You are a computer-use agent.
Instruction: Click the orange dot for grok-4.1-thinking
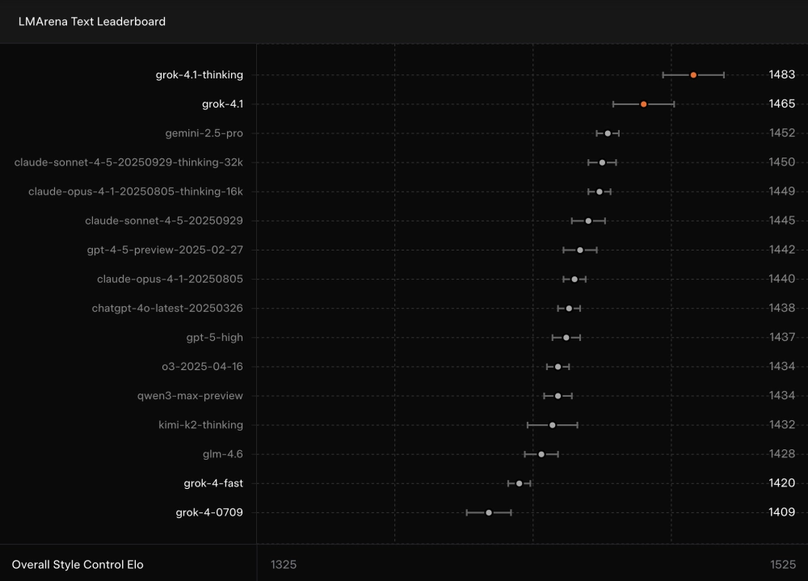tap(693, 75)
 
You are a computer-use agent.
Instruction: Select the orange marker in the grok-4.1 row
tap(644, 104)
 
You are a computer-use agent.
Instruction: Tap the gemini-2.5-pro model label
tap(204, 133)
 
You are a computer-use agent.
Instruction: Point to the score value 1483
tap(781, 75)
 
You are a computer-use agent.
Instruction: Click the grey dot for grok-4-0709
tap(489, 512)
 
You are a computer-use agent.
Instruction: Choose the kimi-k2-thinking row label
tap(200, 425)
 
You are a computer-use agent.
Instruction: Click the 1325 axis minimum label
tap(284, 564)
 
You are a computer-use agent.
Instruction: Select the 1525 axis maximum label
tap(782, 564)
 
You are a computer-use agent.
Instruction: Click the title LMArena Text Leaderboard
tap(92, 22)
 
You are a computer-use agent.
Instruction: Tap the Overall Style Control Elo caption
tap(78, 564)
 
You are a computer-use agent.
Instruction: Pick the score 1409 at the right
tap(781, 512)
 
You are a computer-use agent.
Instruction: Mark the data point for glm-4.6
tap(541, 454)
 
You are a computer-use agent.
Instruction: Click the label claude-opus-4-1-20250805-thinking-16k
tap(136, 192)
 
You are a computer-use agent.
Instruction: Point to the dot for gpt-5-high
tap(566, 337)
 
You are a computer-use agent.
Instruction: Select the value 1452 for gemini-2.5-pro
tap(781, 133)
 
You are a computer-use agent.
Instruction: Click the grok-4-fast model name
tap(213, 483)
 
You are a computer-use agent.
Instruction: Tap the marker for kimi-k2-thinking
tap(553, 425)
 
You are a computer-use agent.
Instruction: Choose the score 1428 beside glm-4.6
tap(781, 454)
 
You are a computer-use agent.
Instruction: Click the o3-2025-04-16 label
tap(202, 367)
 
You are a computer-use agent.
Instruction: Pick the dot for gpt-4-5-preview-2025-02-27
tap(580, 250)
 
